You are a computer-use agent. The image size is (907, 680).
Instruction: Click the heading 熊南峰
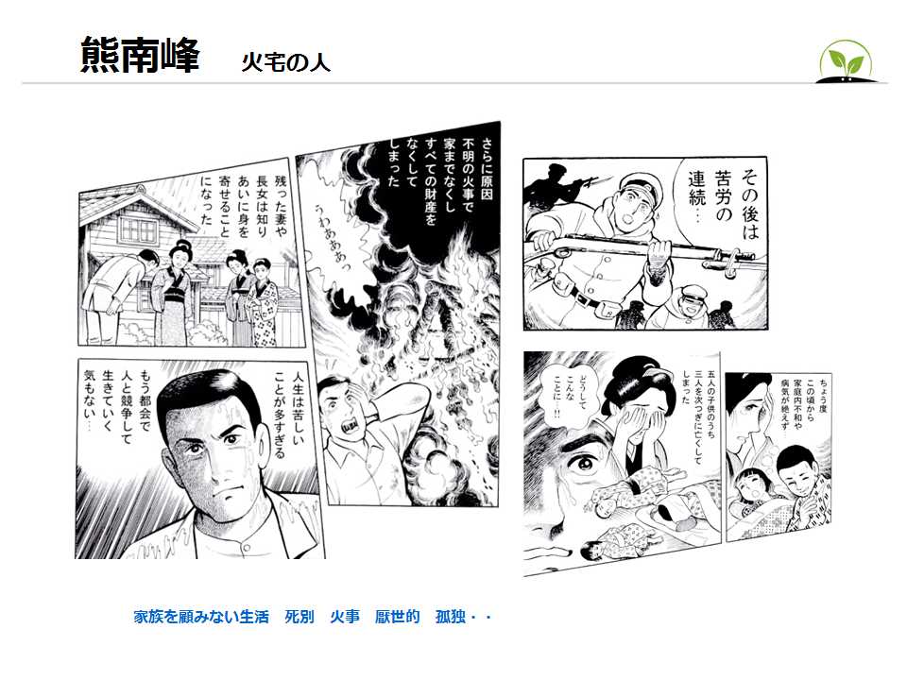tap(140, 55)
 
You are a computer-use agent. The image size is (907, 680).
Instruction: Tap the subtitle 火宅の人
tap(285, 62)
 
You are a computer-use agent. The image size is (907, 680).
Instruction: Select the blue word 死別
tap(299, 617)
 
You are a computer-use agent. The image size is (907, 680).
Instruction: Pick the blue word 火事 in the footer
tap(345, 617)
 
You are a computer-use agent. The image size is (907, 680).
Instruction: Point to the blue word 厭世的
tap(398, 617)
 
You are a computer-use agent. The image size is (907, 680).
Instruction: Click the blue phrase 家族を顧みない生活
tap(201, 617)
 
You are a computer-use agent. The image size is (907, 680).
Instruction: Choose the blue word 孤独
tap(451, 617)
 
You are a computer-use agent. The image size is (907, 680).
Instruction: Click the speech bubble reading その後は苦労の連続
tap(722, 202)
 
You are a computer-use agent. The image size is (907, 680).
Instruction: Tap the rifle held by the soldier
tap(642, 246)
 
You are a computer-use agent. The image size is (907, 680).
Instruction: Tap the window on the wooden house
tap(138, 230)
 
